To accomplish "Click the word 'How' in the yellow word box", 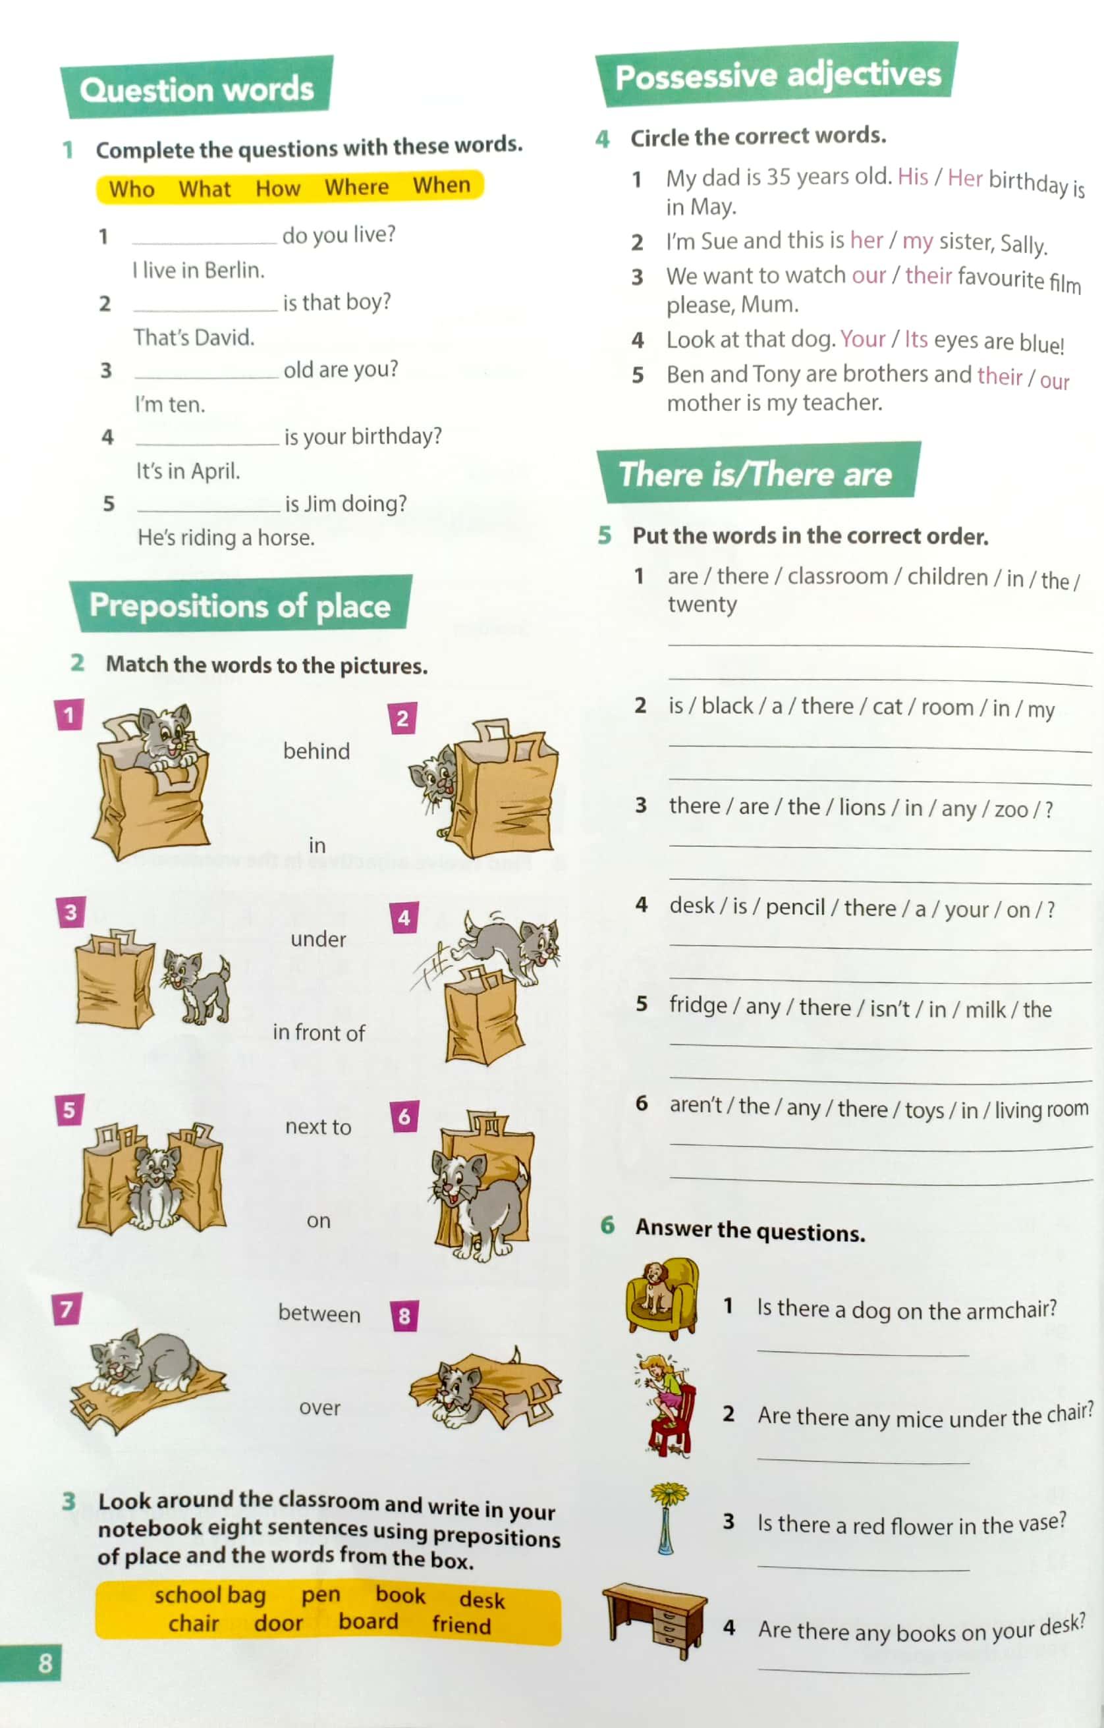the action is pyautogui.click(x=278, y=188).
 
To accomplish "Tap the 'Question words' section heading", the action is pyautogui.click(x=197, y=89).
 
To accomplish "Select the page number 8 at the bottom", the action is pyautogui.click(x=45, y=1663).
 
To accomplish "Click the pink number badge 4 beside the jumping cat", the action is pyautogui.click(x=404, y=918).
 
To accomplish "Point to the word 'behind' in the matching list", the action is pyautogui.click(x=317, y=751).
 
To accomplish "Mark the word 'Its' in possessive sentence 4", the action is pyautogui.click(x=916, y=338).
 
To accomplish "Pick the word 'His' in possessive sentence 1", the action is pyautogui.click(x=913, y=176).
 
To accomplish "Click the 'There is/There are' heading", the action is pyautogui.click(x=755, y=474).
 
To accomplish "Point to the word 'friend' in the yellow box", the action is pyautogui.click(x=462, y=1624).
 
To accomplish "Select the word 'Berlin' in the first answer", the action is pyautogui.click(x=233, y=270).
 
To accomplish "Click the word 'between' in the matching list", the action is pyautogui.click(x=319, y=1314).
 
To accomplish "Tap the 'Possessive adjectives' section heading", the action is pyautogui.click(x=778, y=75).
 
